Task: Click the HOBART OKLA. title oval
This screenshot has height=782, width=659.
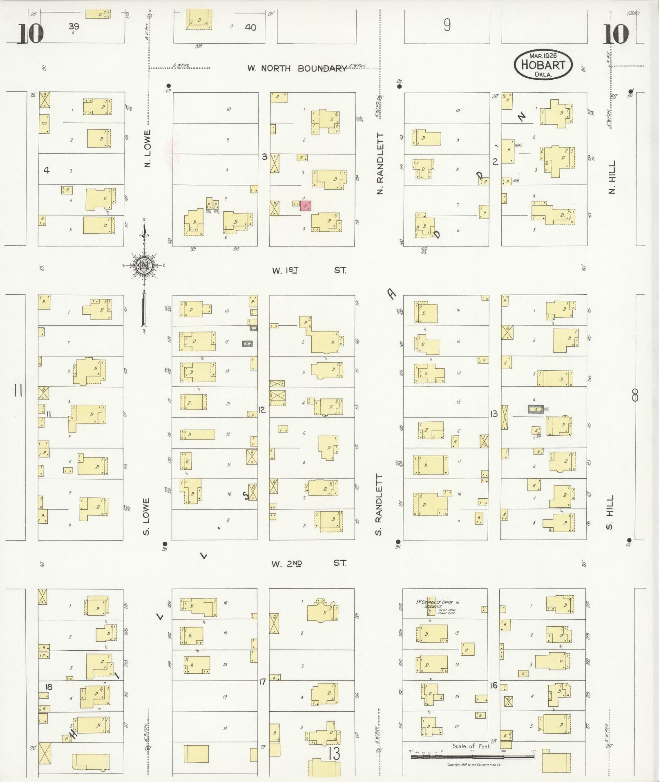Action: (543, 65)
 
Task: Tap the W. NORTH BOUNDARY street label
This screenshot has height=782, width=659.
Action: (297, 68)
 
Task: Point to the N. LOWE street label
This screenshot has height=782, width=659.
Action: (147, 148)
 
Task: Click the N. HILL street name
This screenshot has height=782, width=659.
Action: (612, 177)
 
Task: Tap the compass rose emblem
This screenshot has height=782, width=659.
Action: (144, 266)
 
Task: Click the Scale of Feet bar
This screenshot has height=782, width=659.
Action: (472, 756)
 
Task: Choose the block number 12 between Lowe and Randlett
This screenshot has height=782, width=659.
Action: (262, 409)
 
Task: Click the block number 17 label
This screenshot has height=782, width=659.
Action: (262, 681)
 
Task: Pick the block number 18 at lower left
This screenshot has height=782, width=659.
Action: (49, 686)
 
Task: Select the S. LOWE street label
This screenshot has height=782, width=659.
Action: (147, 516)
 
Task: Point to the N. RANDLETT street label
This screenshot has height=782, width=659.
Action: (380, 164)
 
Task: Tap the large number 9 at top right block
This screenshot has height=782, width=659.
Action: (447, 25)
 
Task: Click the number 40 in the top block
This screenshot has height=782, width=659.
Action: (250, 27)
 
